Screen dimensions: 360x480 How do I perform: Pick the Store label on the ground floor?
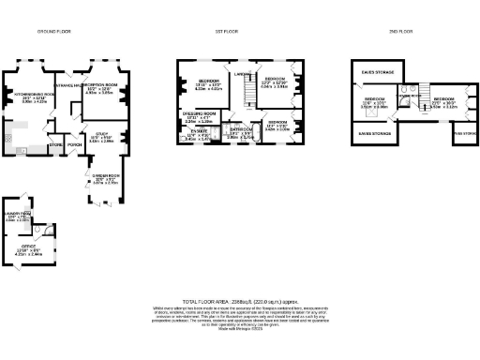click(55, 145)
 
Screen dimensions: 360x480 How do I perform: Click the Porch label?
click(74, 145)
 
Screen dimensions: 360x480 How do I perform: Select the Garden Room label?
click(105, 175)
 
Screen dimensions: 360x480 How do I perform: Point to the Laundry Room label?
click(19, 216)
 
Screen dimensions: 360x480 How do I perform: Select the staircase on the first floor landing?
click(248, 93)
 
